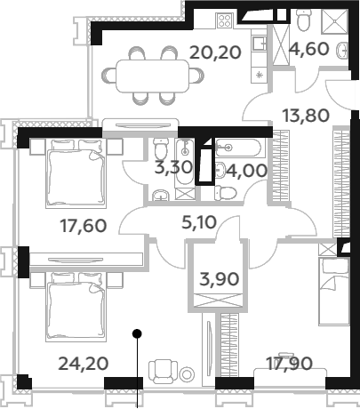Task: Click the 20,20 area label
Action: [215, 53]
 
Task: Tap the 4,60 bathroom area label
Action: [309, 49]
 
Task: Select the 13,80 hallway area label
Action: [306, 116]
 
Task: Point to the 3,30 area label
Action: [174, 168]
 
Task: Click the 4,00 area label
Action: [247, 171]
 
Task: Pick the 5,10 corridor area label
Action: [199, 223]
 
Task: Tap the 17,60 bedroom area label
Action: [84, 226]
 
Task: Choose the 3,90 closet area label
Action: [220, 279]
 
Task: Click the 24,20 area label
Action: [84, 364]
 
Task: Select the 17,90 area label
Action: [290, 364]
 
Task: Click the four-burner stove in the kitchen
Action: [224, 20]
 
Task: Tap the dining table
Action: [153, 76]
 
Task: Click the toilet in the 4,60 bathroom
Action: [303, 20]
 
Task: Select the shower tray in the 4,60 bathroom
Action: [334, 20]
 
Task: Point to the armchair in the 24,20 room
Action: [163, 372]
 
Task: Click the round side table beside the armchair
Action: [187, 374]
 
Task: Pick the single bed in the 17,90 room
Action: [334, 292]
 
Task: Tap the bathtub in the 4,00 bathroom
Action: [238, 147]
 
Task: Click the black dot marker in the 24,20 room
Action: [137, 333]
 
